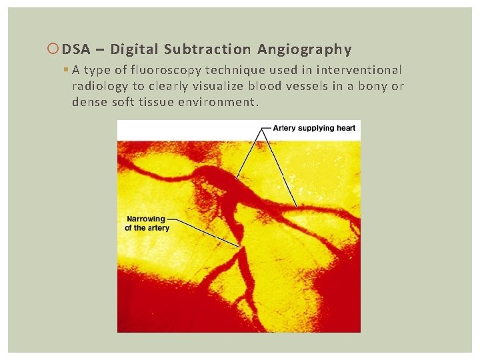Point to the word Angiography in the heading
[304, 49]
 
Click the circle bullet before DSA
[54, 49]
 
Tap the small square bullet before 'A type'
[67, 70]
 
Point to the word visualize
[219, 87]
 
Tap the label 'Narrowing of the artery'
[147, 223]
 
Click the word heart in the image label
[345, 127]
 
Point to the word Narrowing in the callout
[146, 219]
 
